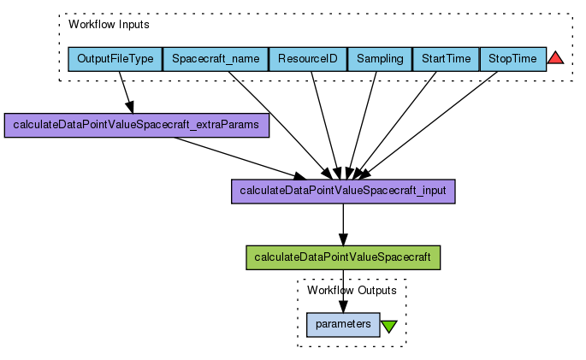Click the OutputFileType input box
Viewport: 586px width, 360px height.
coord(115,59)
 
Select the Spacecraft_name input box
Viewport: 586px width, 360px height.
coord(215,59)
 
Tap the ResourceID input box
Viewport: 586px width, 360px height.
coord(308,59)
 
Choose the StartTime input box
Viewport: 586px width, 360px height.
coord(446,59)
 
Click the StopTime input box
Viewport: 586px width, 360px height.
coord(512,59)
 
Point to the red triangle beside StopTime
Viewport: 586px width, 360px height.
coord(555,58)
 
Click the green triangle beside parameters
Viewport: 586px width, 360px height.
coord(389,326)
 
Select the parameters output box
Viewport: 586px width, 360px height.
coord(343,325)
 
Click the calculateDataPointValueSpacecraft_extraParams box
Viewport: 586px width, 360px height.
coord(138,126)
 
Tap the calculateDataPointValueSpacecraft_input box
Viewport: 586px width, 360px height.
coord(343,191)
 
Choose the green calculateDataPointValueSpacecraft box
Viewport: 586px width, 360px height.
coord(343,257)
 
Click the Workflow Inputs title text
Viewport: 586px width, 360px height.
coord(109,24)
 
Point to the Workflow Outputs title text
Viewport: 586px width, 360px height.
coord(351,291)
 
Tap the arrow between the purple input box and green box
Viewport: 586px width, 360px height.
coord(343,224)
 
